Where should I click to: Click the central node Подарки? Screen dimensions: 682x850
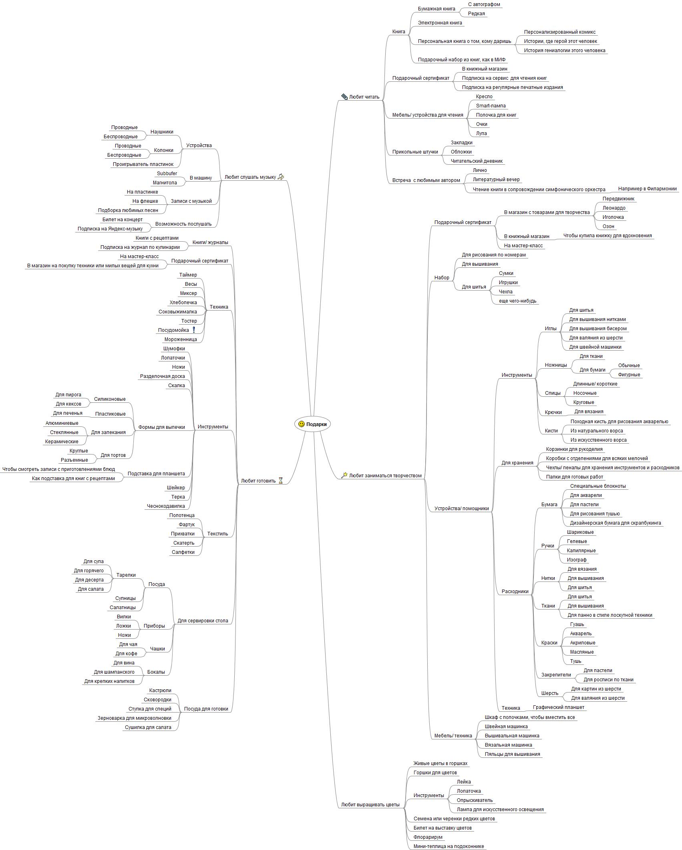pos(312,424)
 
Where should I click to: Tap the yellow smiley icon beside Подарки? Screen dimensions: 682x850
pos(302,424)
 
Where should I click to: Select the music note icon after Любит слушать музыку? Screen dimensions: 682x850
pos(281,177)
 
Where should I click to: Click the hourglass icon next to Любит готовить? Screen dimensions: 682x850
pos(280,481)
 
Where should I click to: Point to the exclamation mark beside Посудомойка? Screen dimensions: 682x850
pos(194,330)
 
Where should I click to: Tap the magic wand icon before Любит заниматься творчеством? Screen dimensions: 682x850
pos(344,475)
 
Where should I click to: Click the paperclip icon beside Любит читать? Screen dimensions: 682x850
pos(344,97)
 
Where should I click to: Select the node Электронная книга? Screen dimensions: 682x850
pos(440,23)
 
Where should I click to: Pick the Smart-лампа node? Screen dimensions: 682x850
pos(491,106)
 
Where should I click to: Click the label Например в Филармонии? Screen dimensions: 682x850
pos(647,189)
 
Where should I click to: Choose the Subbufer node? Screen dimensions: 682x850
pos(167,174)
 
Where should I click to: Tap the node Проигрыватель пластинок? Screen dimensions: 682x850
pos(143,164)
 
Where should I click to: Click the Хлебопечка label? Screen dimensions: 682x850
pos(183,303)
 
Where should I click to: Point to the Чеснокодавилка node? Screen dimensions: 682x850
pos(166,506)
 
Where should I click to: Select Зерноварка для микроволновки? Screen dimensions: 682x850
pos(134,718)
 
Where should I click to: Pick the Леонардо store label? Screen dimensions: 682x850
pos(614,208)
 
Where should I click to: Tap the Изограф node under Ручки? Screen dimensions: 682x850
pos(577,560)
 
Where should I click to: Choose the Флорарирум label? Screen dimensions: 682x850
pos(428,837)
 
